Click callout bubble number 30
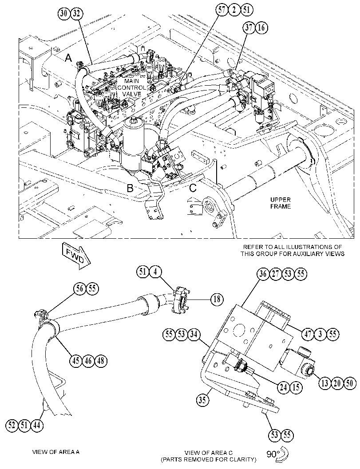(x=64, y=13)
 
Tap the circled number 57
(x=222, y=10)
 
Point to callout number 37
(x=249, y=28)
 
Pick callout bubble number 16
(x=261, y=28)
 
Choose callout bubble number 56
(x=80, y=288)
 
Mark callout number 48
(x=101, y=360)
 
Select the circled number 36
(x=263, y=274)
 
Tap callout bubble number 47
(x=308, y=334)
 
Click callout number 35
(x=202, y=400)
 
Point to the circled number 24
(x=284, y=387)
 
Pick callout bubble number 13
(x=325, y=383)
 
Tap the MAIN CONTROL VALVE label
(x=132, y=87)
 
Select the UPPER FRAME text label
(x=281, y=203)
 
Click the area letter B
(x=130, y=188)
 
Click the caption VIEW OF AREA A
(x=55, y=452)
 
